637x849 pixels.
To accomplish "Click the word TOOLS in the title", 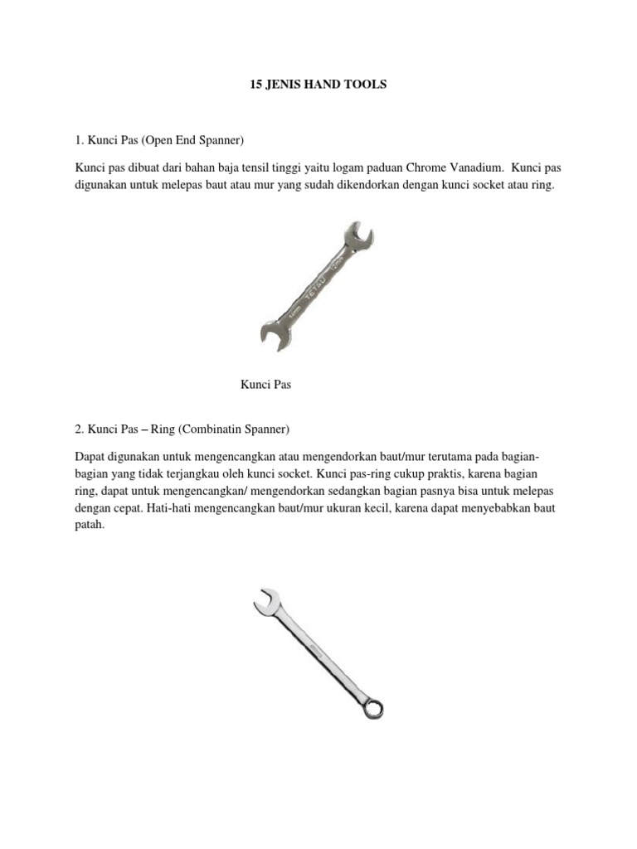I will pos(367,85).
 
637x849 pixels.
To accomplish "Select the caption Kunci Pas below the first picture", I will pos(266,385).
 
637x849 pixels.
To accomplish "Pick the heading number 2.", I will pos(79,429).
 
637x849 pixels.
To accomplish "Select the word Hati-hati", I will pos(170,508).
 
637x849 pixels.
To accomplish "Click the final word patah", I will pos(90,526).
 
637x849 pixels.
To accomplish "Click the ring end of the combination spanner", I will pos(372,706).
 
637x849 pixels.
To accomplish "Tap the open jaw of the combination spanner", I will pos(265,601).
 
